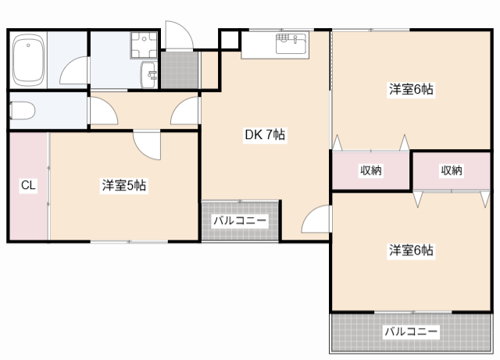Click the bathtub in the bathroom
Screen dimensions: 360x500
point(28,60)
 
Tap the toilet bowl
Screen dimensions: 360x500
point(21,110)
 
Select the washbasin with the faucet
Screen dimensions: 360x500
point(148,75)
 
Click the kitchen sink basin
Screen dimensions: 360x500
point(290,45)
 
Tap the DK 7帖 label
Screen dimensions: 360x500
point(265,134)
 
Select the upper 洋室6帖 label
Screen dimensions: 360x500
point(412,89)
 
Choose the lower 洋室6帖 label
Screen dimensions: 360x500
point(412,250)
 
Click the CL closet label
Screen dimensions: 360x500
point(28,185)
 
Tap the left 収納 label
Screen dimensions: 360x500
point(371,170)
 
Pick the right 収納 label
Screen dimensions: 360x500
point(452,170)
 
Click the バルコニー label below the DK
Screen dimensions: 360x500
point(240,221)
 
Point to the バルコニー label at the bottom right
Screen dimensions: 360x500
point(411,332)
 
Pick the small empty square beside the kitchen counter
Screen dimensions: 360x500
point(229,39)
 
